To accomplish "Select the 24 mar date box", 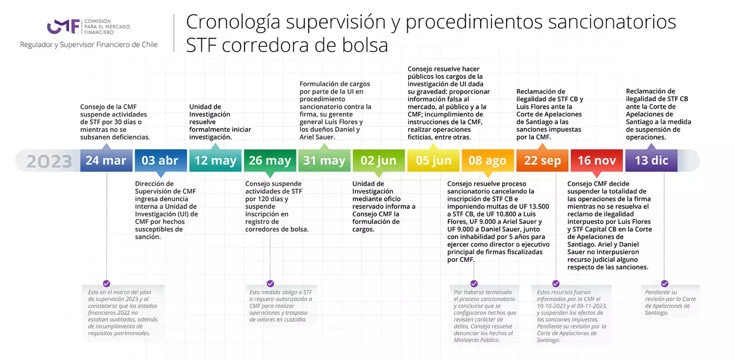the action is click(106, 160).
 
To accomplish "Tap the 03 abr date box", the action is click(161, 160).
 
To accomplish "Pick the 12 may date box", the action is click(215, 160).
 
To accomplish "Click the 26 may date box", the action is click(270, 160).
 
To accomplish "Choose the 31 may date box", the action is click(324, 160).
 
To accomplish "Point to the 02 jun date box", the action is click(379, 160).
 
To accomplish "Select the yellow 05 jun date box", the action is click(434, 160).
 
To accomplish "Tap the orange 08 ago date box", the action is click(488, 160).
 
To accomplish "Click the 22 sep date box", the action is click(542, 160).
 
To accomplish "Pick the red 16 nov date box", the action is click(597, 160).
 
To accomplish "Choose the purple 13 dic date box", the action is click(651, 160).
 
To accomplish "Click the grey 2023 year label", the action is click(49, 161).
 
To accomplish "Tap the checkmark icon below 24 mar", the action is click(106, 284).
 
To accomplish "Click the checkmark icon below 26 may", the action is click(270, 284).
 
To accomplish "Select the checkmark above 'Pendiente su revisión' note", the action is click(664, 284).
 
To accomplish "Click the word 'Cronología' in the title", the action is click(233, 23).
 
